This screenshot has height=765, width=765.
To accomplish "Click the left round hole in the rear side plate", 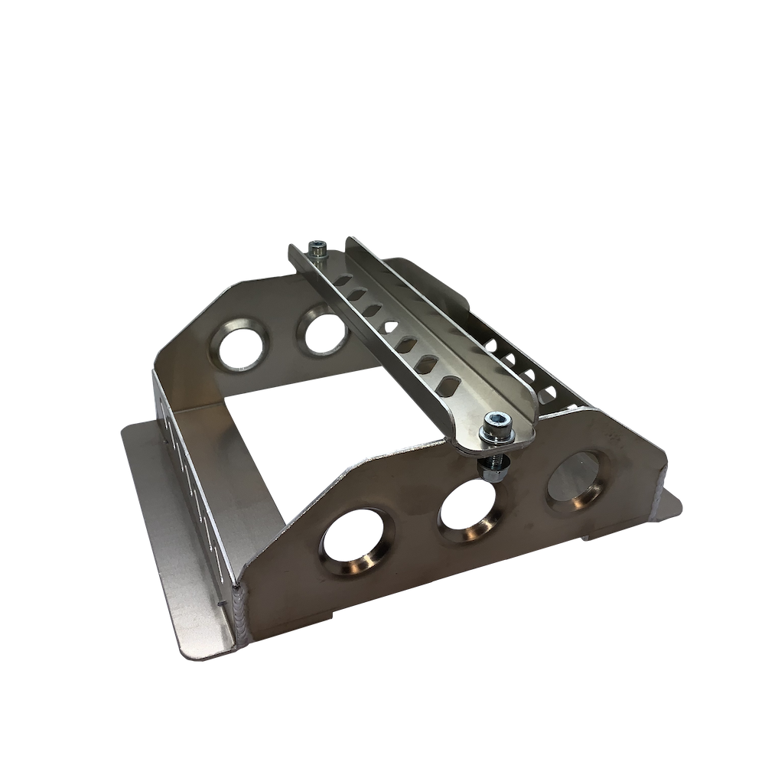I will click(239, 348).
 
